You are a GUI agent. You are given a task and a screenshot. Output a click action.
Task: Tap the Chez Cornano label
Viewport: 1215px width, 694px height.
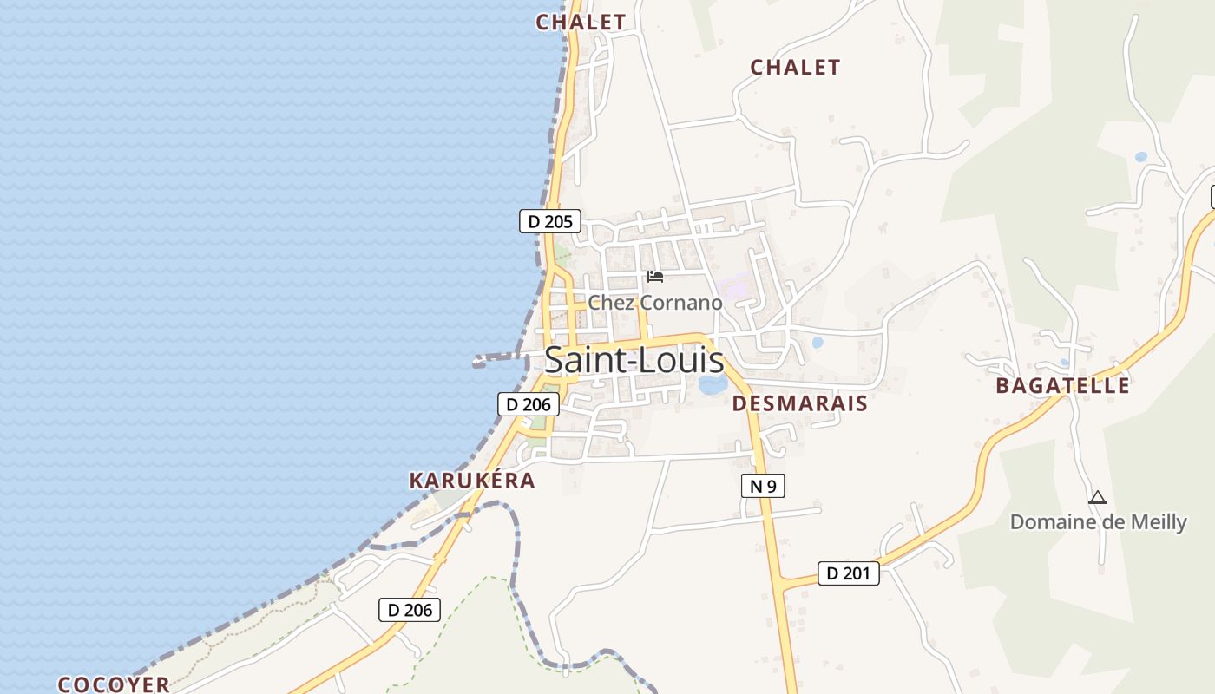pyautogui.click(x=655, y=303)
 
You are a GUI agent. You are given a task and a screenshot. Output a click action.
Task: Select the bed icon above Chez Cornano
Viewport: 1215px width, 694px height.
pyautogui.click(x=655, y=277)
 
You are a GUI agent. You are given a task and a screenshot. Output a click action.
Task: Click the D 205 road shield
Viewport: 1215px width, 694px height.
pyautogui.click(x=549, y=221)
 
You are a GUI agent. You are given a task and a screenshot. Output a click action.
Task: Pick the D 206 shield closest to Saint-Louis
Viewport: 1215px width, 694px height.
pyautogui.click(x=528, y=404)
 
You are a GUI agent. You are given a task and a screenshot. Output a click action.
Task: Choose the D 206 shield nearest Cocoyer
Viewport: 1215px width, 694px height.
pyautogui.click(x=410, y=610)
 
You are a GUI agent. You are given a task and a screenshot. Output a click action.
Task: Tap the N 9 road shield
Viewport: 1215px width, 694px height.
pyautogui.click(x=763, y=486)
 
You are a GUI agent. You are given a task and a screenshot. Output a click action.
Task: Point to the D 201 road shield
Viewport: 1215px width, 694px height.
pyautogui.click(x=848, y=573)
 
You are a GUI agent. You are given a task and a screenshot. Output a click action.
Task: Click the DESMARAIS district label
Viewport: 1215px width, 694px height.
pyautogui.click(x=799, y=403)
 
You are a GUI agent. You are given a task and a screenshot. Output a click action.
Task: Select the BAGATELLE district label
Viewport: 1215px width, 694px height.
pyautogui.click(x=1062, y=386)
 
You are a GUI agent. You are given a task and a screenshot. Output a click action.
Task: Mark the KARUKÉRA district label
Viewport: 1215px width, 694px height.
pyautogui.click(x=472, y=481)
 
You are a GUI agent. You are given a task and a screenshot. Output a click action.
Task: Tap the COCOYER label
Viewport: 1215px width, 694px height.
pyautogui.click(x=114, y=684)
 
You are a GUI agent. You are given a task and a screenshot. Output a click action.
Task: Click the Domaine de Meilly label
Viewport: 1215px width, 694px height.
pyautogui.click(x=1098, y=522)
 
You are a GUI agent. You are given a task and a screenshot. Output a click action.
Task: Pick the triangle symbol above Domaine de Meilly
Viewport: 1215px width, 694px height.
pyautogui.click(x=1098, y=498)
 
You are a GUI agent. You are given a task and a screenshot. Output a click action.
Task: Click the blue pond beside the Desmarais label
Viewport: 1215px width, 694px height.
pyautogui.click(x=713, y=384)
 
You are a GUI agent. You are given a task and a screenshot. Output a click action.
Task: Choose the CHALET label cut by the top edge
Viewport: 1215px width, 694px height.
pyautogui.click(x=581, y=22)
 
